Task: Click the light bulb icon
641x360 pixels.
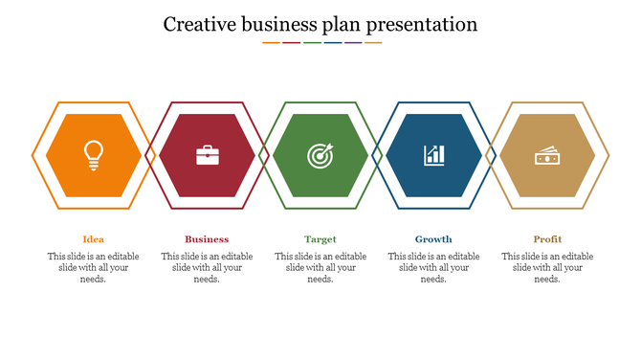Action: pyautogui.click(x=94, y=155)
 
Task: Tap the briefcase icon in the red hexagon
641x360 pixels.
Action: pyautogui.click(x=208, y=155)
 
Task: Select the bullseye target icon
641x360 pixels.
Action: pyautogui.click(x=320, y=155)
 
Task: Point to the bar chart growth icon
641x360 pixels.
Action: pyautogui.click(x=434, y=155)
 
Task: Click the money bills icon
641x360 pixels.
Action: pyautogui.click(x=547, y=155)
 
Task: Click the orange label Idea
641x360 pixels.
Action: pyautogui.click(x=94, y=239)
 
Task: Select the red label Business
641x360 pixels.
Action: pyautogui.click(x=207, y=239)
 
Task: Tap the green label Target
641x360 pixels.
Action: pyautogui.click(x=320, y=239)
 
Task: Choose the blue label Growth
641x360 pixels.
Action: pyautogui.click(x=433, y=239)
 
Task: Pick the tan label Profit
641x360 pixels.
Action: pyautogui.click(x=547, y=239)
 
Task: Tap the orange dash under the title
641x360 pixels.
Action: pyautogui.click(x=272, y=42)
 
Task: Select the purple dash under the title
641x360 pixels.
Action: pyautogui.click(x=353, y=42)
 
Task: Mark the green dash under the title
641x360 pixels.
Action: pyautogui.click(x=312, y=42)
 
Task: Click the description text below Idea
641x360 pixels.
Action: pyautogui.click(x=94, y=268)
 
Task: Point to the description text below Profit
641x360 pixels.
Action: pyautogui.click(x=547, y=268)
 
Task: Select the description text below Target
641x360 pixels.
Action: pyautogui.click(x=320, y=268)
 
